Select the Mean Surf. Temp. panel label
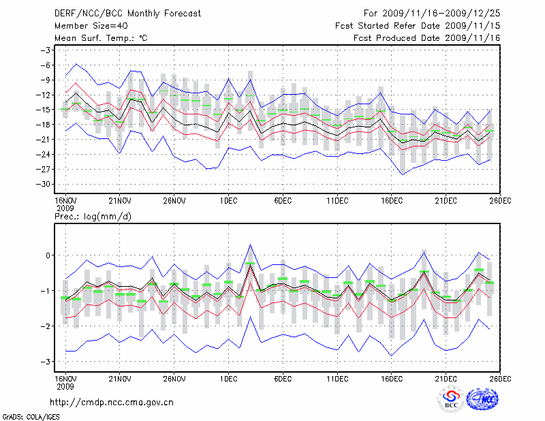point(101,38)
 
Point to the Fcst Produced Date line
point(427,38)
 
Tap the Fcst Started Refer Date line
point(418,25)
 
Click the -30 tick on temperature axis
point(46,184)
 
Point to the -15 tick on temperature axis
point(46,110)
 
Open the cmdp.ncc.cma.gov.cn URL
point(112,402)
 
